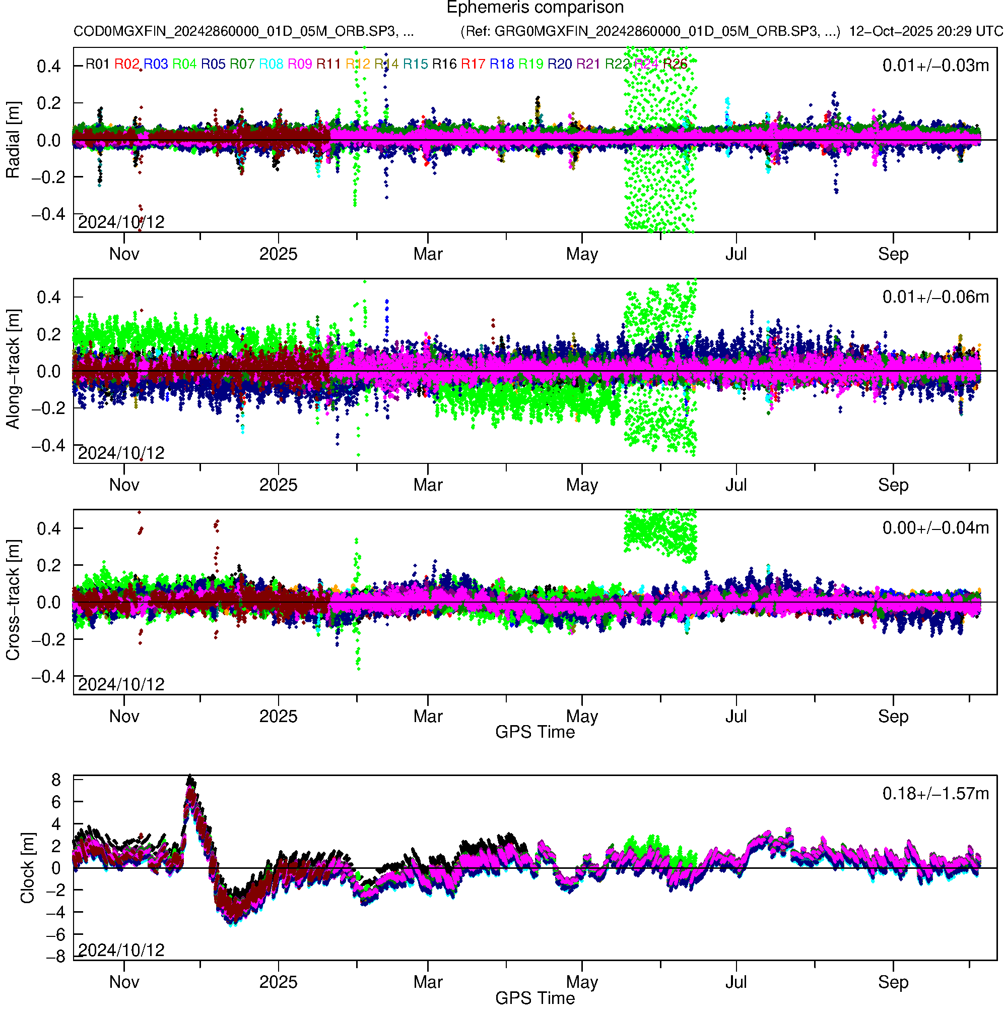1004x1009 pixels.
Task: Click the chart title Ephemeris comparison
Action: (x=534, y=8)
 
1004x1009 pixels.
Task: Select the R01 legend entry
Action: (x=97, y=64)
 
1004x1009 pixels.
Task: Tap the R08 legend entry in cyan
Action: (x=271, y=64)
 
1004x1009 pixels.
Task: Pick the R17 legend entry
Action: (x=473, y=64)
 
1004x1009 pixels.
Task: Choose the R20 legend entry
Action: (x=560, y=64)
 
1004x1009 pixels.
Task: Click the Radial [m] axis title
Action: (x=13, y=140)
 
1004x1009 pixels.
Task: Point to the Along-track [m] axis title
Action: (x=13, y=369)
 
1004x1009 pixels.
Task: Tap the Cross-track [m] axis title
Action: (x=13, y=600)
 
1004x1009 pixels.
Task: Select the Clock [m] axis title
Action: (x=27, y=867)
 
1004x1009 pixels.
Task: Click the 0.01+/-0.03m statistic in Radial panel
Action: (x=935, y=66)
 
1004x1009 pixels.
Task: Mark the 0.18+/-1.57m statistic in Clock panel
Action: (x=935, y=794)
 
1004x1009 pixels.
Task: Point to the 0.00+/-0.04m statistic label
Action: (x=935, y=528)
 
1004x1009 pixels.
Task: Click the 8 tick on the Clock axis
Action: (x=56, y=780)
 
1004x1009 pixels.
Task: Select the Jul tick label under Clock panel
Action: (x=736, y=982)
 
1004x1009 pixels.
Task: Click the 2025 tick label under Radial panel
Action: (x=278, y=254)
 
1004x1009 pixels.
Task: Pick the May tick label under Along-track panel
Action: (x=582, y=485)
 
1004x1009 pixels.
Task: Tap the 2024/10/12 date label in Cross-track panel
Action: (x=121, y=684)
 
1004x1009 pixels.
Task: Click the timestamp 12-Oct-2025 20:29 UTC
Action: (x=926, y=31)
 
